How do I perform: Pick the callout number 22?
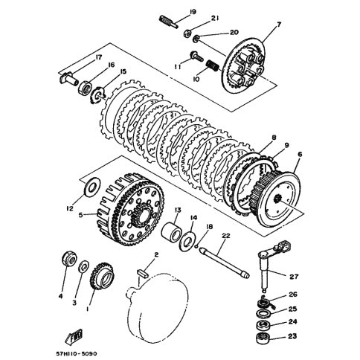coord(225,235)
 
